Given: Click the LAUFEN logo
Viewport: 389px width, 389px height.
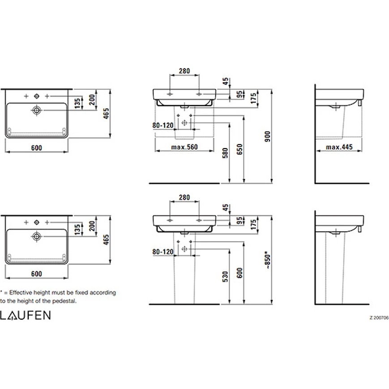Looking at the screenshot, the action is pos(25,315).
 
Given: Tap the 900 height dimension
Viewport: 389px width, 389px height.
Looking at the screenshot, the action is pos(268,137).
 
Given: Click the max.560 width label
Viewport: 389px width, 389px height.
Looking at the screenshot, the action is pos(184,147).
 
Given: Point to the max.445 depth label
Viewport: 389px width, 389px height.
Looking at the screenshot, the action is pos(339,147).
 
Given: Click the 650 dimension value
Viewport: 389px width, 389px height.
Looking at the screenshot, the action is pos(239,150).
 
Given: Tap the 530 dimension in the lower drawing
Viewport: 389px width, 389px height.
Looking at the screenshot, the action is pos(225,276).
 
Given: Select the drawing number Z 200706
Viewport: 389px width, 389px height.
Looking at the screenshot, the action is pos(379,317).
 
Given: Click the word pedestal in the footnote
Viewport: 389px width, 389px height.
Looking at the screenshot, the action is pos(64,301).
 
